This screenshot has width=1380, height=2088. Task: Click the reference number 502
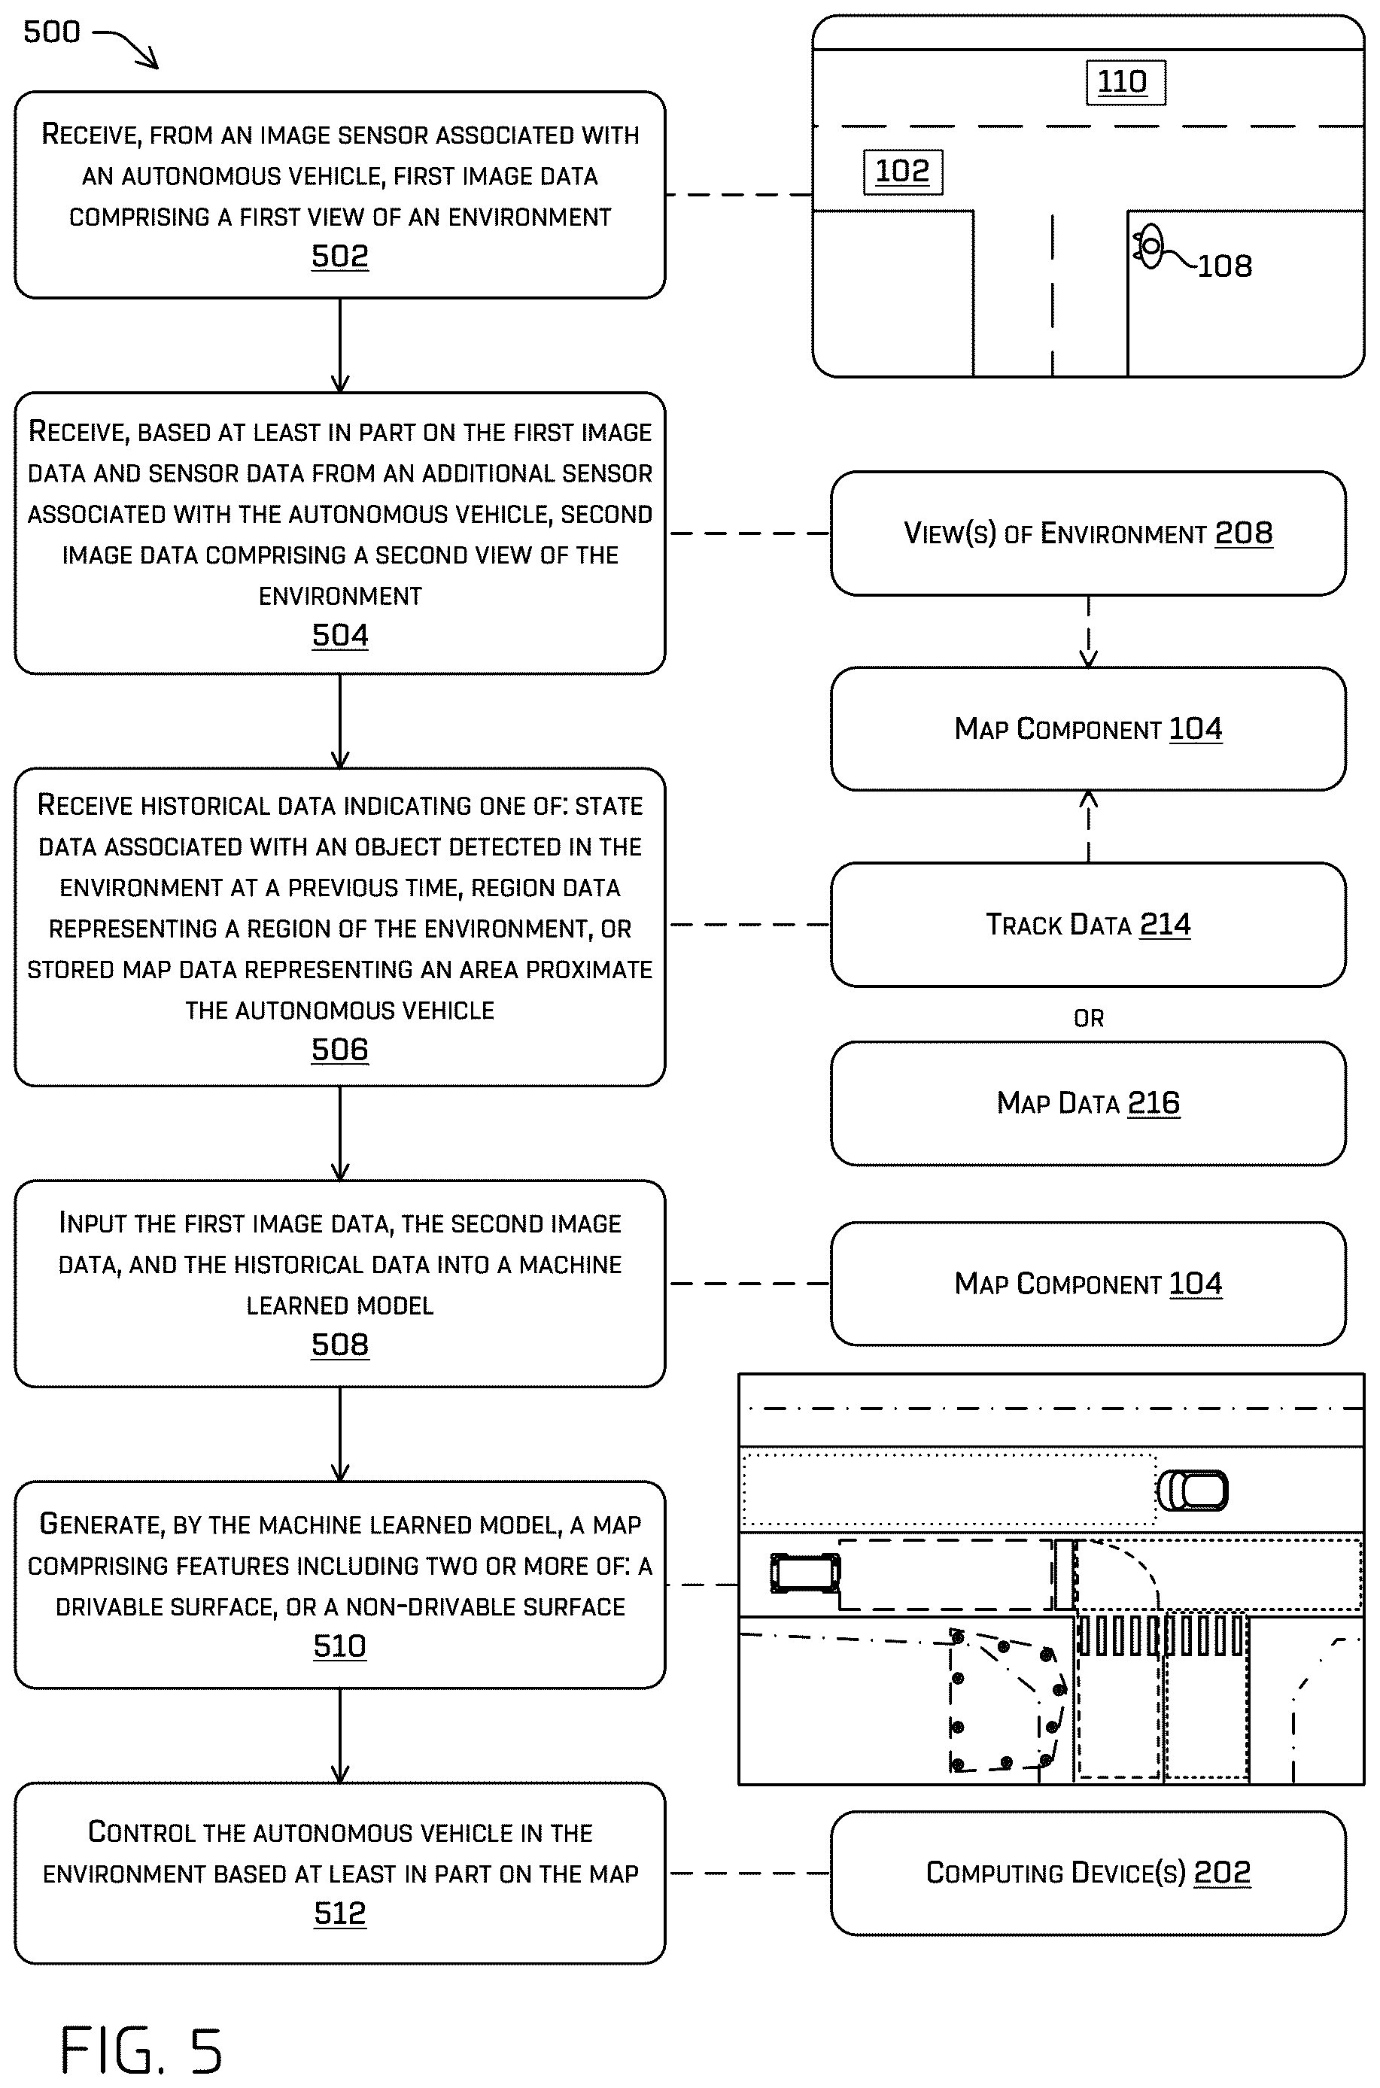click(x=339, y=256)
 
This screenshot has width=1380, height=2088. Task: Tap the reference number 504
click(x=339, y=635)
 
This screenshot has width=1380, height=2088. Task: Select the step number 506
click(x=339, y=1050)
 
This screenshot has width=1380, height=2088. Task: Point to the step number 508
click(x=339, y=1345)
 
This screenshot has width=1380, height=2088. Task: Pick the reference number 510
click(x=339, y=1646)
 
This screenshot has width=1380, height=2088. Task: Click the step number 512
click(x=339, y=1913)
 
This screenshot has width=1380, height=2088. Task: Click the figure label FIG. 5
click(x=141, y=2050)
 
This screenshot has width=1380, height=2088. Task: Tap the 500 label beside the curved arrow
click(x=52, y=32)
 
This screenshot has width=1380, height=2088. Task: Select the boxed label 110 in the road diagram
click(x=1126, y=83)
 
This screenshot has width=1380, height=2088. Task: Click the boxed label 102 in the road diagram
click(x=903, y=172)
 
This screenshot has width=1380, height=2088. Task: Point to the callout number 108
click(x=1224, y=266)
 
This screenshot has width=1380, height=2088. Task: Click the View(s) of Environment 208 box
click(x=1088, y=533)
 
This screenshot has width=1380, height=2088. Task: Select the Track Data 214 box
click(x=1088, y=924)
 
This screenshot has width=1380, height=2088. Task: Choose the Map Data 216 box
click(x=1088, y=1103)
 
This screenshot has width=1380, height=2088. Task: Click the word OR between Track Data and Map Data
click(x=1089, y=1018)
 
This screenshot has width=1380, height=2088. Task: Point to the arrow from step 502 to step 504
click(x=339, y=345)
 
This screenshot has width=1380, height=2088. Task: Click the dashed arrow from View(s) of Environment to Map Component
click(x=1089, y=632)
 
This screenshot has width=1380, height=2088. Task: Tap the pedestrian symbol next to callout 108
click(x=1148, y=248)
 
